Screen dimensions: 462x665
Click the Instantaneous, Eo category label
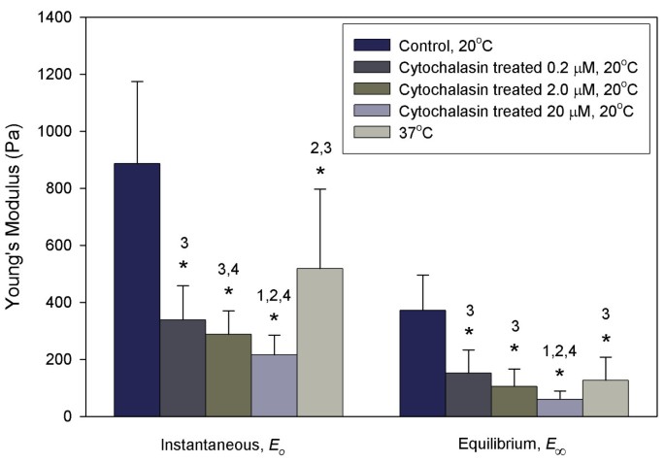pyautogui.click(x=227, y=445)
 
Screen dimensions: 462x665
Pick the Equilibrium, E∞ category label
pyautogui.click(x=511, y=445)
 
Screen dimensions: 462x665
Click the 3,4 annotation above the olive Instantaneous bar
pyautogui.click(x=228, y=268)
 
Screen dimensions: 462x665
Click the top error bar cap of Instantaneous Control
pyautogui.click(x=137, y=82)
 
